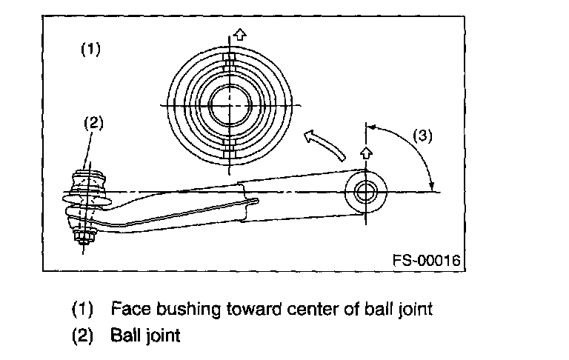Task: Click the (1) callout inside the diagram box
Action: (x=90, y=50)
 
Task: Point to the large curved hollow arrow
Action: (x=324, y=143)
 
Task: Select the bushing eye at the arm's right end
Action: (x=365, y=192)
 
